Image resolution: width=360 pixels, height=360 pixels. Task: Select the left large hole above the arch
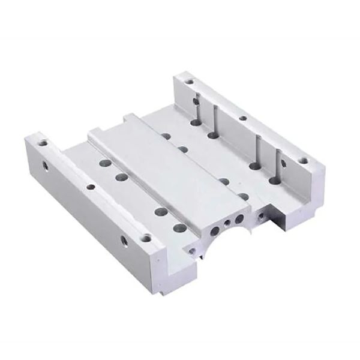(215, 230)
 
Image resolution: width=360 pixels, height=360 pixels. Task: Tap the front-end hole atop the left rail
(146, 238)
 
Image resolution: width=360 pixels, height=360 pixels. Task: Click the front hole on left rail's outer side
(124, 242)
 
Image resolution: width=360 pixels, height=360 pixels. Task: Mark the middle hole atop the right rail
(243, 118)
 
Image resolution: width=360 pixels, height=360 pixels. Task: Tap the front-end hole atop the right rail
(304, 160)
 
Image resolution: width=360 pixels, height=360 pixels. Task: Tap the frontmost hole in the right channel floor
(275, 179)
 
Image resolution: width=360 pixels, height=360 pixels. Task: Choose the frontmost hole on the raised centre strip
(244, 196)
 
